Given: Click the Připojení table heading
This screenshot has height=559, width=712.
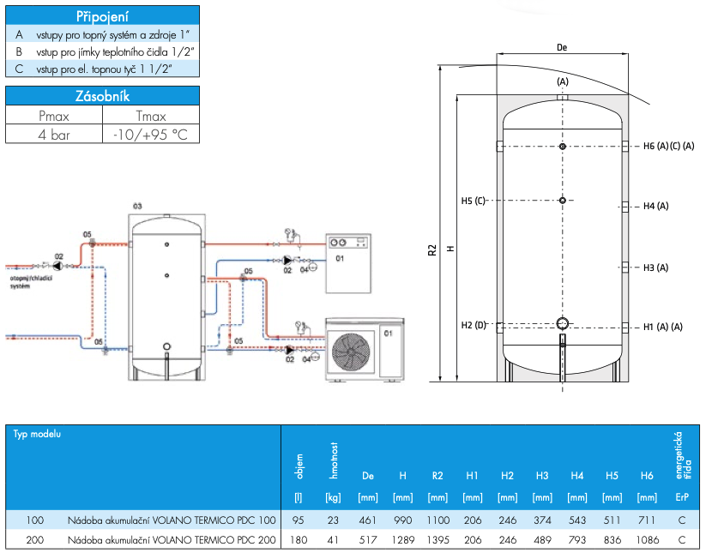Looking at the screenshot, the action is (102, 16).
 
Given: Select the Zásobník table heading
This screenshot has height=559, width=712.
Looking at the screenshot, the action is (102, 96).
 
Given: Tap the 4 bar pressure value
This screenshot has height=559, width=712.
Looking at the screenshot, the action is (53, 135).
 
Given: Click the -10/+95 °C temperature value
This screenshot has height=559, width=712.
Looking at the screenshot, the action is (150, 135).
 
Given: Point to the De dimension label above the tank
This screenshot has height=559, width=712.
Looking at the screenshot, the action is (562, 47).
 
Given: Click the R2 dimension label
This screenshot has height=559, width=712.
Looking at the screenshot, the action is (431, 250).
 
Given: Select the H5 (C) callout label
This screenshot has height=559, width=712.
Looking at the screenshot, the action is (474, 201).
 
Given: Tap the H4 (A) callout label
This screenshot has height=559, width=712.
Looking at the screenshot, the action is (655, 206).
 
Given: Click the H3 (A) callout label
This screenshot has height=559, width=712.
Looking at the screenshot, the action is (655, 267).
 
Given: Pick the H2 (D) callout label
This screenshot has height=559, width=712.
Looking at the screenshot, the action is (474, 325).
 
